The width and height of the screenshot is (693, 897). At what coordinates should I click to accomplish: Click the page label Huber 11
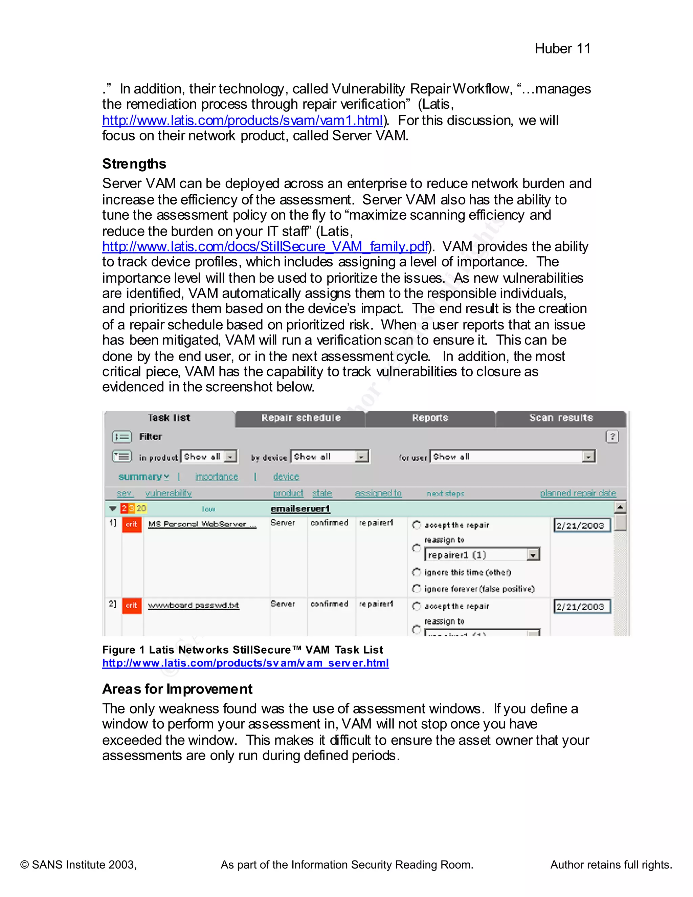pyautogui.click(x=562, y=48)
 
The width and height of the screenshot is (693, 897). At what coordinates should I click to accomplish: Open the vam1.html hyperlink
pyautogui.click(x=242, y=121)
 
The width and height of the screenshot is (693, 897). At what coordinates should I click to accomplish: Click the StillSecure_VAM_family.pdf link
pyautogui.click(x=265, y=246)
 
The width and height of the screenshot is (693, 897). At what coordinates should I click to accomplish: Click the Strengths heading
pyautogui.click(x=134, y=164)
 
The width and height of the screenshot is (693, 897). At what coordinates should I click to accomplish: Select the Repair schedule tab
pyautogui.click(x=300, y=418)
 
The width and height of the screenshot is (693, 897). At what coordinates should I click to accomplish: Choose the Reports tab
pyautogui.click(x=430, y=418)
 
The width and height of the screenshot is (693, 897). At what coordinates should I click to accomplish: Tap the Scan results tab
pyautogui.click(x=561, y=418)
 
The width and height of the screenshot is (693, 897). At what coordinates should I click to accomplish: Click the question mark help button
pyautogui.click(x=612, y=437)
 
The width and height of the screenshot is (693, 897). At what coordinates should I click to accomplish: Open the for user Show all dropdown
pyautogui.click(x=588, y=457)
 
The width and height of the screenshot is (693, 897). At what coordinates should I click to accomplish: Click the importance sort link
pyautogui.click(x=216, y=477)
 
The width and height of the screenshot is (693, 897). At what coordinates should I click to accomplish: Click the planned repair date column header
pyautogui.click(x=578, y=493)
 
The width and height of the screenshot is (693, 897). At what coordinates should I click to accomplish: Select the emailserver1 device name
pyautogui.click(x=300, y=509)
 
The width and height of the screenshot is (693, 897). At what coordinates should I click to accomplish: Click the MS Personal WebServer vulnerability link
pyautogui.click(x=202, y=524)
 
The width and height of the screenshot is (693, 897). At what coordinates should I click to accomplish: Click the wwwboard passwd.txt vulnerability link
pyautogui.click(x=193, y=606)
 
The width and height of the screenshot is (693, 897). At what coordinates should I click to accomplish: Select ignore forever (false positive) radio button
pyautogui.click(x=416, y=589)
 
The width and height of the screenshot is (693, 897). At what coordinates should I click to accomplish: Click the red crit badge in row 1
pyautogui.click(x=132, y=524)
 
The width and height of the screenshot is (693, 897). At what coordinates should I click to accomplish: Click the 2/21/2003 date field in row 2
pyautogui.click(x=581, y=607)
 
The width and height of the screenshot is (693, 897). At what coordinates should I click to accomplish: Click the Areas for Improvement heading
pyautogui.click(x=177, y=689)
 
